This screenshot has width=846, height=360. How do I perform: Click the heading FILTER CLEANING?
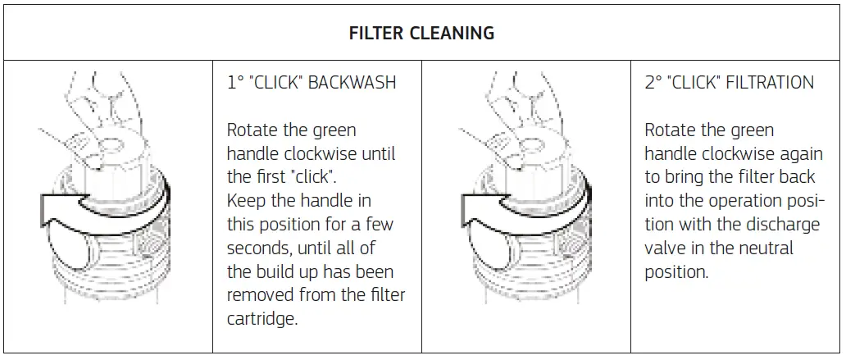pos(421,34)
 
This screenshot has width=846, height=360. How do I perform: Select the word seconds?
pos(255,248)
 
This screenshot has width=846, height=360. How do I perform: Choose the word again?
pos(799,153)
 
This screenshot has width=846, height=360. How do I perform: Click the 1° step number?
pos(235,83)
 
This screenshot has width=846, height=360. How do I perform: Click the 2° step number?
pos(653,83)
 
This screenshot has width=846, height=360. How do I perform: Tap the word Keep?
pos(244,201)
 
